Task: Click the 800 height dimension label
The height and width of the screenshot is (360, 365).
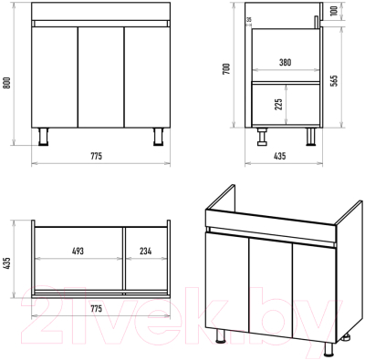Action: coord(7,83)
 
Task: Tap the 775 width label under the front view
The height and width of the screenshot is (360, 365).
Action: coord(97,156)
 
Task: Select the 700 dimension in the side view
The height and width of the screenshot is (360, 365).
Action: coord(226,68)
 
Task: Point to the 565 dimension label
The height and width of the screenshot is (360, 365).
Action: coord(334,80)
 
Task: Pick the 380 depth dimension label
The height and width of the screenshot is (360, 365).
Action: coord(285,62)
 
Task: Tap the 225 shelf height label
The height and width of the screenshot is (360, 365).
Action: coord(279,104)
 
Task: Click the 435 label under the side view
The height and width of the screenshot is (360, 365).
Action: coord(280,156)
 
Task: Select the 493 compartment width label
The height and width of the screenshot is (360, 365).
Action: coord(78,252)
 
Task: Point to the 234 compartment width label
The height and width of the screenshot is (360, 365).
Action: coord(146,252)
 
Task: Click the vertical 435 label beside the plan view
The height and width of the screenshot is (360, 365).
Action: coord(7,263)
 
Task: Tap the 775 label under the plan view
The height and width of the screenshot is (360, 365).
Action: coord(97,309)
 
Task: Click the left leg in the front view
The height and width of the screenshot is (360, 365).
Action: coord(44,137)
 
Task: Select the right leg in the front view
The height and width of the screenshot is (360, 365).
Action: coord(158,137)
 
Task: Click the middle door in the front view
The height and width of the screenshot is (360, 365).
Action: coord(101,77)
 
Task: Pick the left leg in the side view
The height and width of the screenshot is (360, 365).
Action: coord(262,137)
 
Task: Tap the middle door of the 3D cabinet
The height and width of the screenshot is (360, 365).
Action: coord(270,287)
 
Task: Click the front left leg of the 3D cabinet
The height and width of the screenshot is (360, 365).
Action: coord(221,336)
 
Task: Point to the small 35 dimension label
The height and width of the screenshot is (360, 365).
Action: coord(249,20)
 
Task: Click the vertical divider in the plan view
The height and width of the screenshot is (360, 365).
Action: coord(124,260)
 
